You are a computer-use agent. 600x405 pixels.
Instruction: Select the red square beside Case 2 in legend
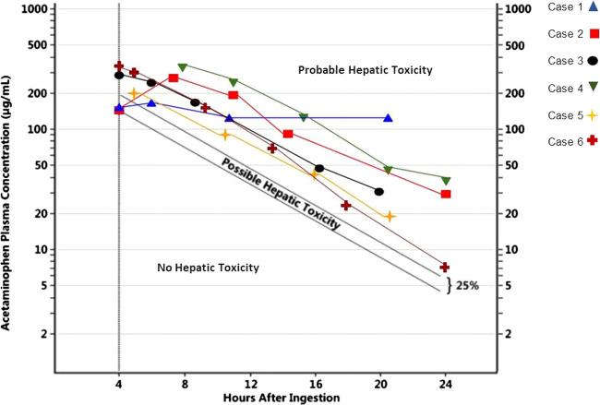585,35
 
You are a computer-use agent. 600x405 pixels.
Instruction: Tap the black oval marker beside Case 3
585,62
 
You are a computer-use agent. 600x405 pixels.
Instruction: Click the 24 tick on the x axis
447,384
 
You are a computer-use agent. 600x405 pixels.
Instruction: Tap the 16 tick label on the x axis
317,384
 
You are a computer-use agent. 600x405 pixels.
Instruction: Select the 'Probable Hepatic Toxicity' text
365,70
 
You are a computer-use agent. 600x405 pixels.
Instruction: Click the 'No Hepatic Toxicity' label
208,268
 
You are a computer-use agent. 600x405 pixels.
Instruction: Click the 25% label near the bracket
466,285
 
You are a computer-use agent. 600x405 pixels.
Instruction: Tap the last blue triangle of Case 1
388,118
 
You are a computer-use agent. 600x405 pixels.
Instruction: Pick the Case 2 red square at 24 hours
446,194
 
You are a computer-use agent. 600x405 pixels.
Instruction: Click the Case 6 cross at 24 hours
445,267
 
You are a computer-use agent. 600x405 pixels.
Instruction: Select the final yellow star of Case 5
390,216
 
